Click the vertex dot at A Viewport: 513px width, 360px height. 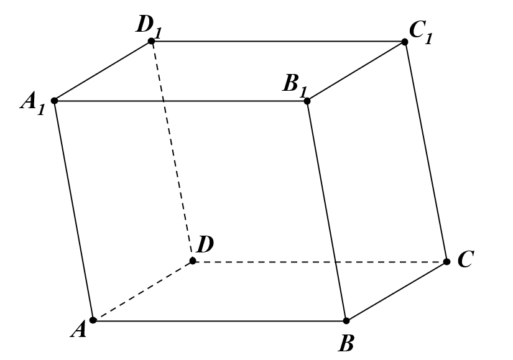coord(93,320)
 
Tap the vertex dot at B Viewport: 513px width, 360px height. coord(346,321)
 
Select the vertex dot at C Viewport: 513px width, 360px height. coord(446,262)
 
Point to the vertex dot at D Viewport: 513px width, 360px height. coord(193,261)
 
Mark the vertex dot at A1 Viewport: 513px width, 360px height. coord(55,101)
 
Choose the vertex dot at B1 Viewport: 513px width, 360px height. coord(307,101)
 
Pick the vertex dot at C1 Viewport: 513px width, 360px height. coord(404,42)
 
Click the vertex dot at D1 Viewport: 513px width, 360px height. coord(151,41)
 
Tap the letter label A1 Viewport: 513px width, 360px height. coord(32,103)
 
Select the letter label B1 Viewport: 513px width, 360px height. coord(295,86)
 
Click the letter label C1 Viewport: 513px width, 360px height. coord(421,32)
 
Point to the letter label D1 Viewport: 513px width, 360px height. coord(149,27)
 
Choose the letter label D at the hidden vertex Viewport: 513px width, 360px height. coord(205,244)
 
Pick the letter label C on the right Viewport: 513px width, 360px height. coord(466,259)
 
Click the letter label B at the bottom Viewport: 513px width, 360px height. coord(346,343)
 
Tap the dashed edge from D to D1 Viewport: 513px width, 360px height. coord(172,151)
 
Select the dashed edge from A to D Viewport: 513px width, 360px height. coord(142,290)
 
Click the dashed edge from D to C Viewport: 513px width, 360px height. coord(320,262)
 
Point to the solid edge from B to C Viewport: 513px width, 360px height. coord(396,291)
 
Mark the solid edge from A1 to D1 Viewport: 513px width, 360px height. coord(103,71)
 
